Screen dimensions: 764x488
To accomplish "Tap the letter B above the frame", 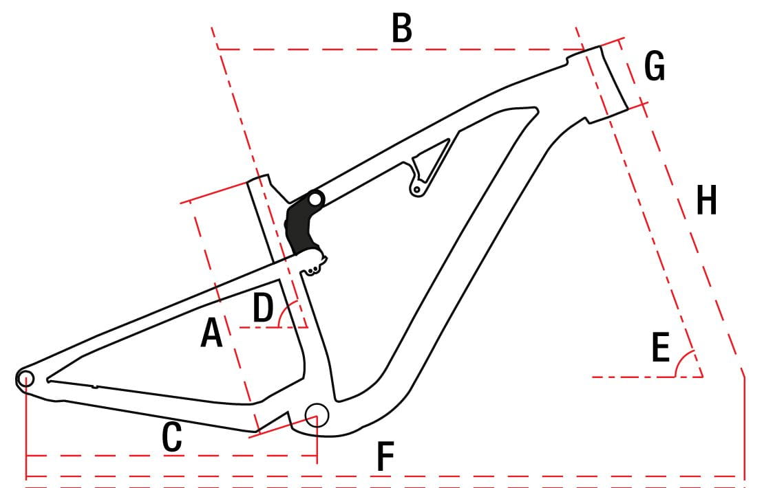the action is coord(402,28).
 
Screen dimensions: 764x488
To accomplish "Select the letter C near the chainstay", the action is coord(172,437).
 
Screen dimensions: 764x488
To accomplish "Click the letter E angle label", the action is coord(661,347).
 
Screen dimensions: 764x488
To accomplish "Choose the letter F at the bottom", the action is coord(385,456).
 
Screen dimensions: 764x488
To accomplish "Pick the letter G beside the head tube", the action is coord(655,66).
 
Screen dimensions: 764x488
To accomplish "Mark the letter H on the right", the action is coord(706,200).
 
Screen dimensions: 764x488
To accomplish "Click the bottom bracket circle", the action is coord(317,415).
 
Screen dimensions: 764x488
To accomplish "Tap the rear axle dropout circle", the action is coord(25,378).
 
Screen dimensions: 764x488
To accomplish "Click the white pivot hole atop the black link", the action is coord(316,199).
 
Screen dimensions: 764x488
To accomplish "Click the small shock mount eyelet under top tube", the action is coord(416,189).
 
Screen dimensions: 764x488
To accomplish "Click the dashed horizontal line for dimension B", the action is coord(401,49).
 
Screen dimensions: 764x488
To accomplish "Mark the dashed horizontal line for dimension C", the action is coord(171,456).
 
